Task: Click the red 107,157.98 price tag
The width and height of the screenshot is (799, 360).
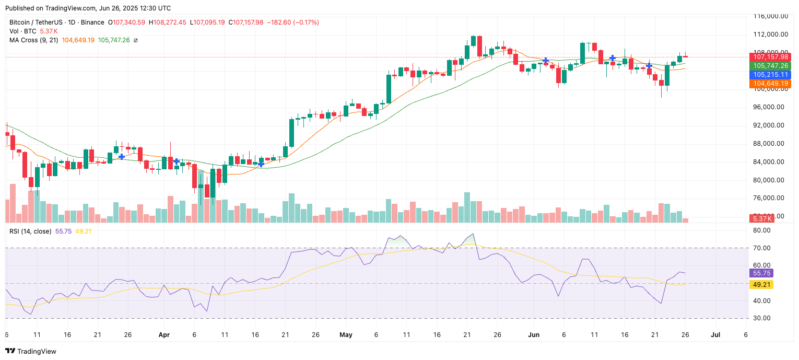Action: coord(770,57)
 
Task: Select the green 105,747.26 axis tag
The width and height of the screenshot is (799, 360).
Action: coord(770,66)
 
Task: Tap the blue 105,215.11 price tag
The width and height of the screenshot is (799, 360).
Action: coord(770,75)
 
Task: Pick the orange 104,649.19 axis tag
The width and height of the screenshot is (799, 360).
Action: coord(770,84)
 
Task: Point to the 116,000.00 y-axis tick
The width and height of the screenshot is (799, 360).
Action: coord(770,16)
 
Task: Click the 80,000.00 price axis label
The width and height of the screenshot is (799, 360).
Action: coord(770,180)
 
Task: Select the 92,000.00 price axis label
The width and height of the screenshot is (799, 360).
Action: coord(770,125)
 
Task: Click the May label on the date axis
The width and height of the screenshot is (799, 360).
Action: coord(346,334)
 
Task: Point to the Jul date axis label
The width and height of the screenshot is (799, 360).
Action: coord(715,334)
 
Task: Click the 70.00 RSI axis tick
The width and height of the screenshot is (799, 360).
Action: coord(762,248)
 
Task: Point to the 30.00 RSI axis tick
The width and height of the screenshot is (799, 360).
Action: coord(762,318)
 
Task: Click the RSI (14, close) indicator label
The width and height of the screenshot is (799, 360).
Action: coord(30,231)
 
